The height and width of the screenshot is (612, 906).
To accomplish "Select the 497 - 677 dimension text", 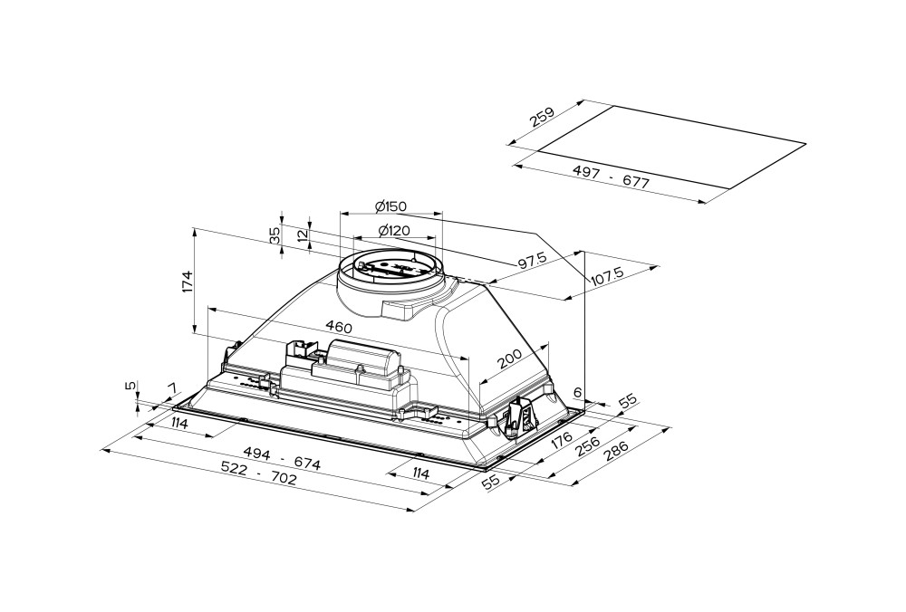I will coord(612,176).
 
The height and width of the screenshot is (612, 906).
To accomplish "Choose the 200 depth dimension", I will coord(510,363).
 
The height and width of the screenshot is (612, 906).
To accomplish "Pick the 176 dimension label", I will coord(562,441).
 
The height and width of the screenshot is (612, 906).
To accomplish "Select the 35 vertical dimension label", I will coord(275,235).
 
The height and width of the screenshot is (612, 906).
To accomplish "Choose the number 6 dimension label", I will coord(578,394).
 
